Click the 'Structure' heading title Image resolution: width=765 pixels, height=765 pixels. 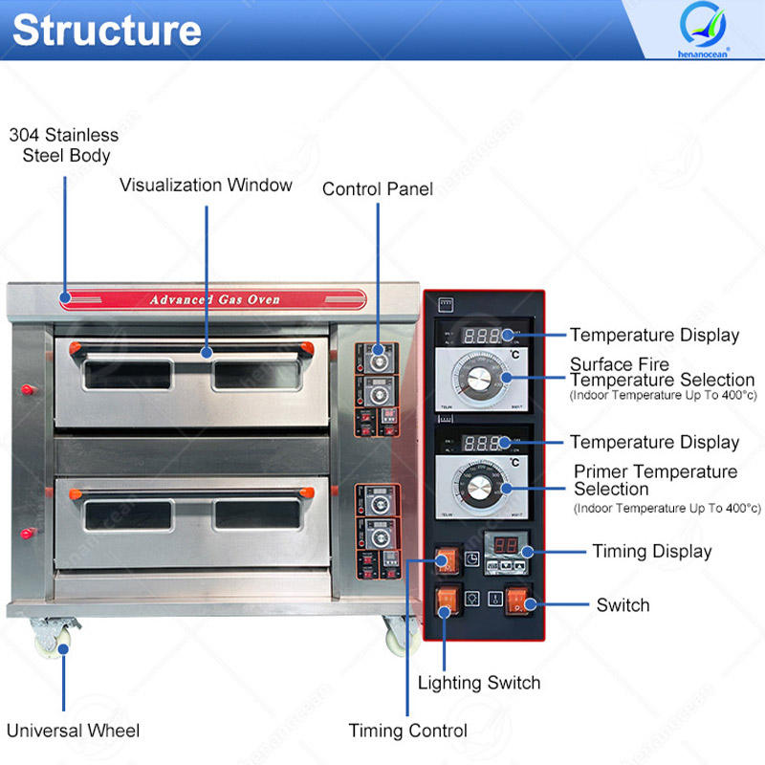[106, 30]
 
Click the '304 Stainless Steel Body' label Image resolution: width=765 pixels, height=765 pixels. [64, 144]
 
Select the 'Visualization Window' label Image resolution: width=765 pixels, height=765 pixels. [206, 185]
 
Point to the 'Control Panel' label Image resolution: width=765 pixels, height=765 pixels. [377, 188]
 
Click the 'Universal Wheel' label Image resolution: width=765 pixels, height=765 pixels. [73, 731]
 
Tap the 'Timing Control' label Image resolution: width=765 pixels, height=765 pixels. [407, 731]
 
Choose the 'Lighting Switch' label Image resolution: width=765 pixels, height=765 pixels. [479, 683]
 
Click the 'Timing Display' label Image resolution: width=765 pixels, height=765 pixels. [651, 551]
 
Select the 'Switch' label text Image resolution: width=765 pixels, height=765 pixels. [623, 604]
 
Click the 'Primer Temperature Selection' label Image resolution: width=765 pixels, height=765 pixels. [655, 480]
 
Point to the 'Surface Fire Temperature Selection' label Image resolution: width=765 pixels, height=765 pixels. [662, 372]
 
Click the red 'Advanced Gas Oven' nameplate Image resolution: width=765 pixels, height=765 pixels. [214, 299]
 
